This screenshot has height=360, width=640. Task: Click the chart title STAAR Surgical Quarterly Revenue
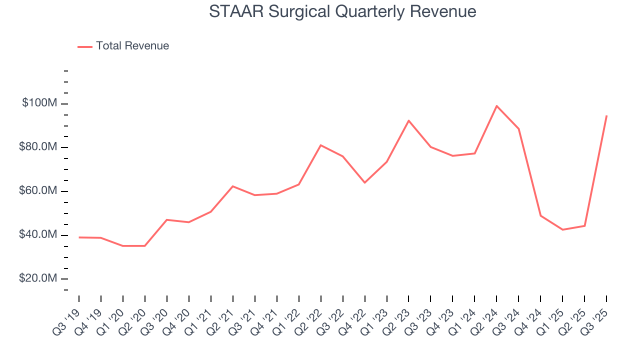tap(342, 11)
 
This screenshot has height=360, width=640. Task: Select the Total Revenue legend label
tap(132, 46)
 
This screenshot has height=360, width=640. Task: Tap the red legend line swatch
tap(85, 46)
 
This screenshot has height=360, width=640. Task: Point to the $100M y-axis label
tap(39, 103)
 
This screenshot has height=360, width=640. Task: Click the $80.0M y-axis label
tap(38, 147)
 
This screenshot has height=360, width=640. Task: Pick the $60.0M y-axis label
tap(38, 191)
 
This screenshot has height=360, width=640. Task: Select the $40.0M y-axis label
tap(38, 235)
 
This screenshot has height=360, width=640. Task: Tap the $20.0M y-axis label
tap(38, 278)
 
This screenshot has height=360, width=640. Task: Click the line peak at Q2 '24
tap(496, 106)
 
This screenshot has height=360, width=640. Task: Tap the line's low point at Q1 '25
tap(562, 229)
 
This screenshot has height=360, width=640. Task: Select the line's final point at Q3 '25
tap(606, 116)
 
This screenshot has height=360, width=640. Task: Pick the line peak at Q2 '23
tap(408, 120)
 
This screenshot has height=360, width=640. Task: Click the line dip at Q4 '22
tap(364, 182)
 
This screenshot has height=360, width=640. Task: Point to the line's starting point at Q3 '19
tap(79, 237)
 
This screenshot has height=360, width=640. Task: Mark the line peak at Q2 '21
tap(233, 186)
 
